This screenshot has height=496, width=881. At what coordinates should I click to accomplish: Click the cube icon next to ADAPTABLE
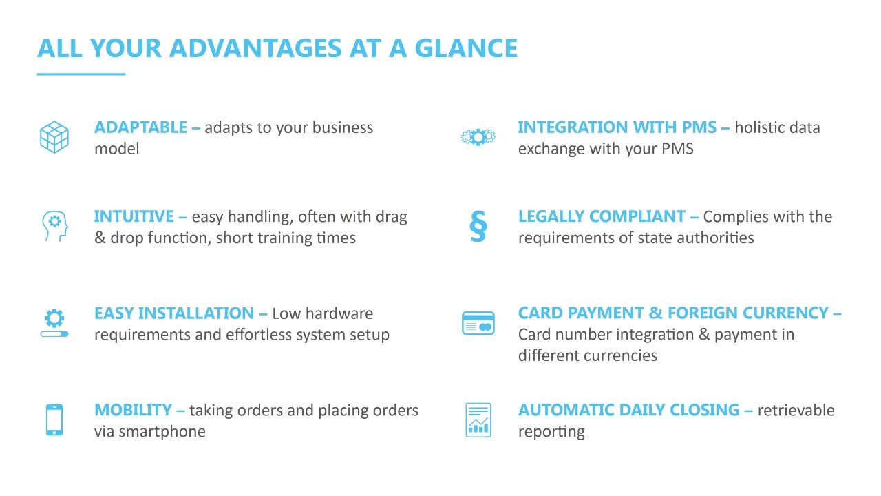[54, 137]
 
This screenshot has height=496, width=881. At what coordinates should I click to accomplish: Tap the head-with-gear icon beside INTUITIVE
[55, 227]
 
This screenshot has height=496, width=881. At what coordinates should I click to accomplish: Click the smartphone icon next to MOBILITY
[54, 420]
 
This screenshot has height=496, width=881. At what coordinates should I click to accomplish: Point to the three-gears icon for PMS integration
[478, 137]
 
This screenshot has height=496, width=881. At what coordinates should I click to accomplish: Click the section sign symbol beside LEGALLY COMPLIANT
[478, 226]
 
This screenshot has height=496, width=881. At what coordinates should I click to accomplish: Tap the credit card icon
[478, 323]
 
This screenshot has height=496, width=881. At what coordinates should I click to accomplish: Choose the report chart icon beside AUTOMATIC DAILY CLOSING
[478, 420]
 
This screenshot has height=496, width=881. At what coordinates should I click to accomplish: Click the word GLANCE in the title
[466, 48]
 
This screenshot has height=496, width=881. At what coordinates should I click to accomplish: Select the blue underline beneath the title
[81, 74]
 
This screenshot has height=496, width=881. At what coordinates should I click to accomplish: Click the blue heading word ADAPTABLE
[141, 127]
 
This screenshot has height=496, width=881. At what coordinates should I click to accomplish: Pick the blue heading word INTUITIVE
[134, 216]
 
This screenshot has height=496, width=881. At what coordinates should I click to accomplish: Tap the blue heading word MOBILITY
[133, 410]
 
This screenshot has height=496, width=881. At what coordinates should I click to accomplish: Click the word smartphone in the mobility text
[162, 432]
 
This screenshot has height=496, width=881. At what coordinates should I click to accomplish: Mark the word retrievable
[796, 410]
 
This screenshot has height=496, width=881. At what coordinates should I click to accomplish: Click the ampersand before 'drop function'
[100, 238]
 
